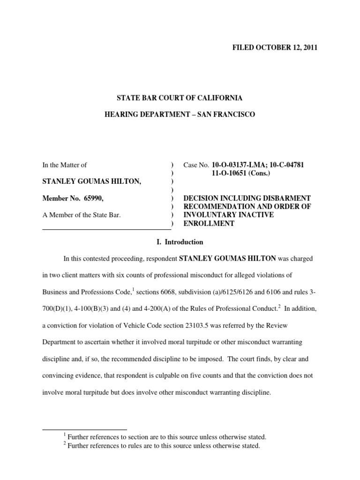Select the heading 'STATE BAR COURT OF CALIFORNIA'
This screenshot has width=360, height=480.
(180, 98)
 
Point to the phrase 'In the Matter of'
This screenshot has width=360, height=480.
(65, 165)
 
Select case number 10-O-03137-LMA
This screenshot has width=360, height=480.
(239, 165)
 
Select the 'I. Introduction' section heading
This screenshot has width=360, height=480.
(180, 242)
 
